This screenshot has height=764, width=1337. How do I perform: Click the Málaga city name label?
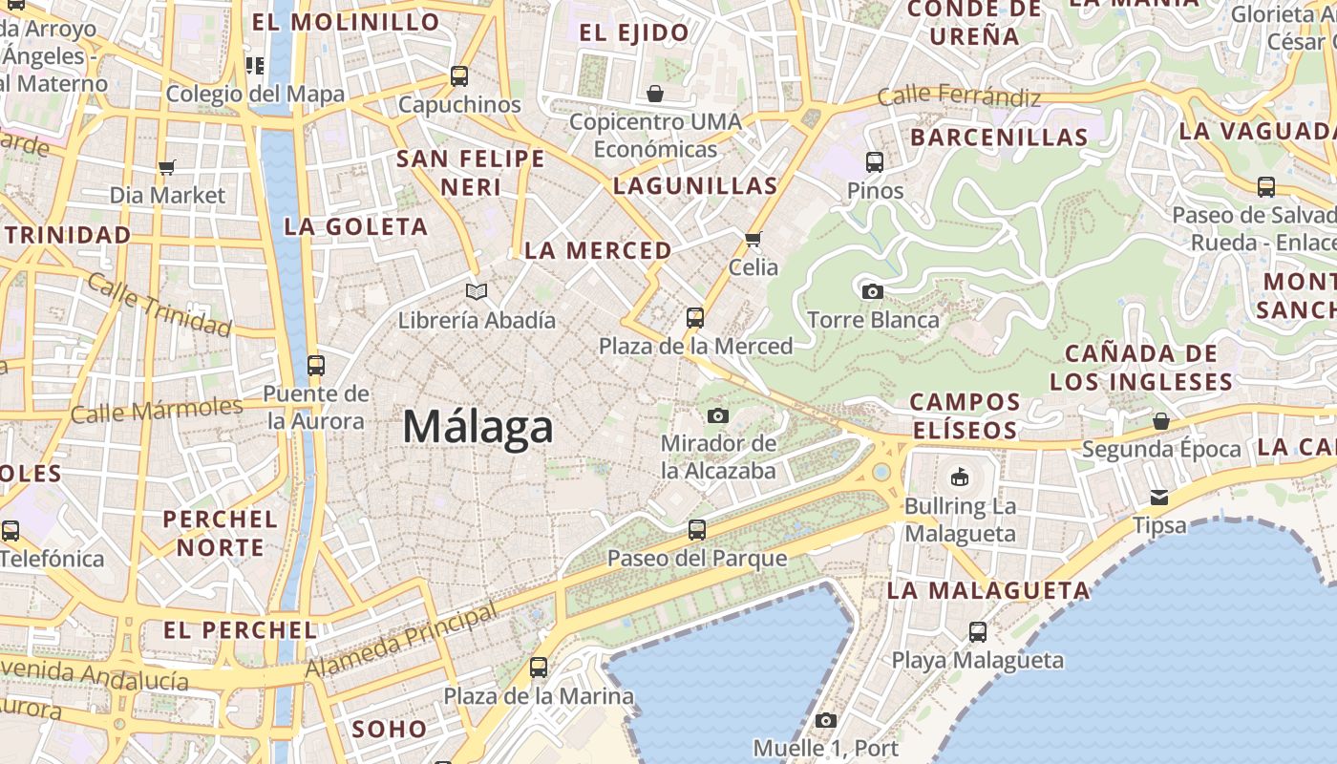click(x=477, y=427)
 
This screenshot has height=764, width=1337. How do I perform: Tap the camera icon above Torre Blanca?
click(x=872, y=291)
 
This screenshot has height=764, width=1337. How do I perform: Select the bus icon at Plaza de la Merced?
click(x=695, y=318)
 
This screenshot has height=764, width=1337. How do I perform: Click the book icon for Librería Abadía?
click(x=477, y=291)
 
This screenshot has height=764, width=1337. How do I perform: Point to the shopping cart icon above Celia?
click(x=753, y=239)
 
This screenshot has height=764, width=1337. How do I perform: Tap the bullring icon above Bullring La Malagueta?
click(x=960, y=476)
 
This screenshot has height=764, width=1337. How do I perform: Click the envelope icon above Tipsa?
click(x=1159, y=497)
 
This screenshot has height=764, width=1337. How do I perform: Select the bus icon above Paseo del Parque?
click(x=697, y=529)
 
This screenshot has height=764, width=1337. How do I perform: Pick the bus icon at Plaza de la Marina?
click(x=539, y=668)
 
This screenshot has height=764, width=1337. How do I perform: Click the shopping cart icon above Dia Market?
click(x=167, y=168)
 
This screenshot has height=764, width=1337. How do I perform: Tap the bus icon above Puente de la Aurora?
click(x=315, y=365)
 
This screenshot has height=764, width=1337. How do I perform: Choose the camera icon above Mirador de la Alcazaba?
click(x=718, y=415)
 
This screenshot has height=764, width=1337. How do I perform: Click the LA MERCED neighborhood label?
click(x=598, y=251)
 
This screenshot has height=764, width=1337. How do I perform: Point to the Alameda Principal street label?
click(x=401, y=641)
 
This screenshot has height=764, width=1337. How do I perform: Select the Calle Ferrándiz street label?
click(x=958, y=95)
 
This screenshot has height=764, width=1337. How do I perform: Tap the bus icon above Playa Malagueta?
click(x=978, y=631)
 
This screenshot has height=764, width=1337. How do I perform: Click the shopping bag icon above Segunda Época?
click(x=1161, y=421)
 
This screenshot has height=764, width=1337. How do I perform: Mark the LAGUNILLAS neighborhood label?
click(x=695, y=186)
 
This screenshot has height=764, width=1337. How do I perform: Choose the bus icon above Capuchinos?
click(x=459, y=76)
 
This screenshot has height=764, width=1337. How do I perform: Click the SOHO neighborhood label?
click(x=390, y=730)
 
